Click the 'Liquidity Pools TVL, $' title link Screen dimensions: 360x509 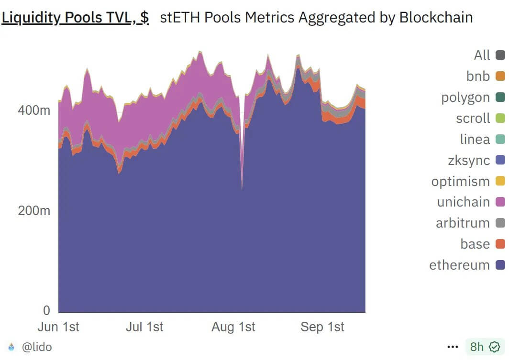pos(75,18)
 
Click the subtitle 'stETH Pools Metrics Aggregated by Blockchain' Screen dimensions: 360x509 pos(316,18)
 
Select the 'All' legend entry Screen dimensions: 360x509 pos(482,55)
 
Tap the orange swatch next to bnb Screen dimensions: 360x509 pos(500,76)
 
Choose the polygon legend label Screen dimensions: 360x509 pos(465,98)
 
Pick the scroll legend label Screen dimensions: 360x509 pos(473,118)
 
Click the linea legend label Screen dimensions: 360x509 pos(475,139)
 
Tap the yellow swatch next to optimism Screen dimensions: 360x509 pos(500,181)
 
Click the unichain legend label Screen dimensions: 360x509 pos(463,202)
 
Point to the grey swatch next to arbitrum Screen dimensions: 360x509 pos(500,223)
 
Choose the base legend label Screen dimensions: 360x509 pos(475,244)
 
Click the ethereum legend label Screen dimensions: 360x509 pos(459,265)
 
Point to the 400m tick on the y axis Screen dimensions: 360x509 pos(34,110)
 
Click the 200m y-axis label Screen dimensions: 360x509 pos(34,210)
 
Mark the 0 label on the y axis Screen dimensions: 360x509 pos(46,310)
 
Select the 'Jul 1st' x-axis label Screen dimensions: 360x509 pos(144,327)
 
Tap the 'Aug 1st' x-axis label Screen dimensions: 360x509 pos(233,327)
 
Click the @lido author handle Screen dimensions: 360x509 pos(37,347)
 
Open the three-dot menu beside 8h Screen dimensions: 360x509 pos(453,347)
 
